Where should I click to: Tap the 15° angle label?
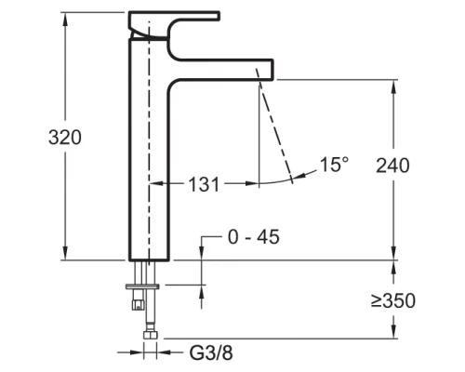click(x=334, y=165)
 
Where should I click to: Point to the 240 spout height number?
click(x=394, y=166)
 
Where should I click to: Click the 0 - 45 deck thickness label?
click(x=255, y=237)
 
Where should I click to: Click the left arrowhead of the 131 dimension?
click(x=154, y=185)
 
